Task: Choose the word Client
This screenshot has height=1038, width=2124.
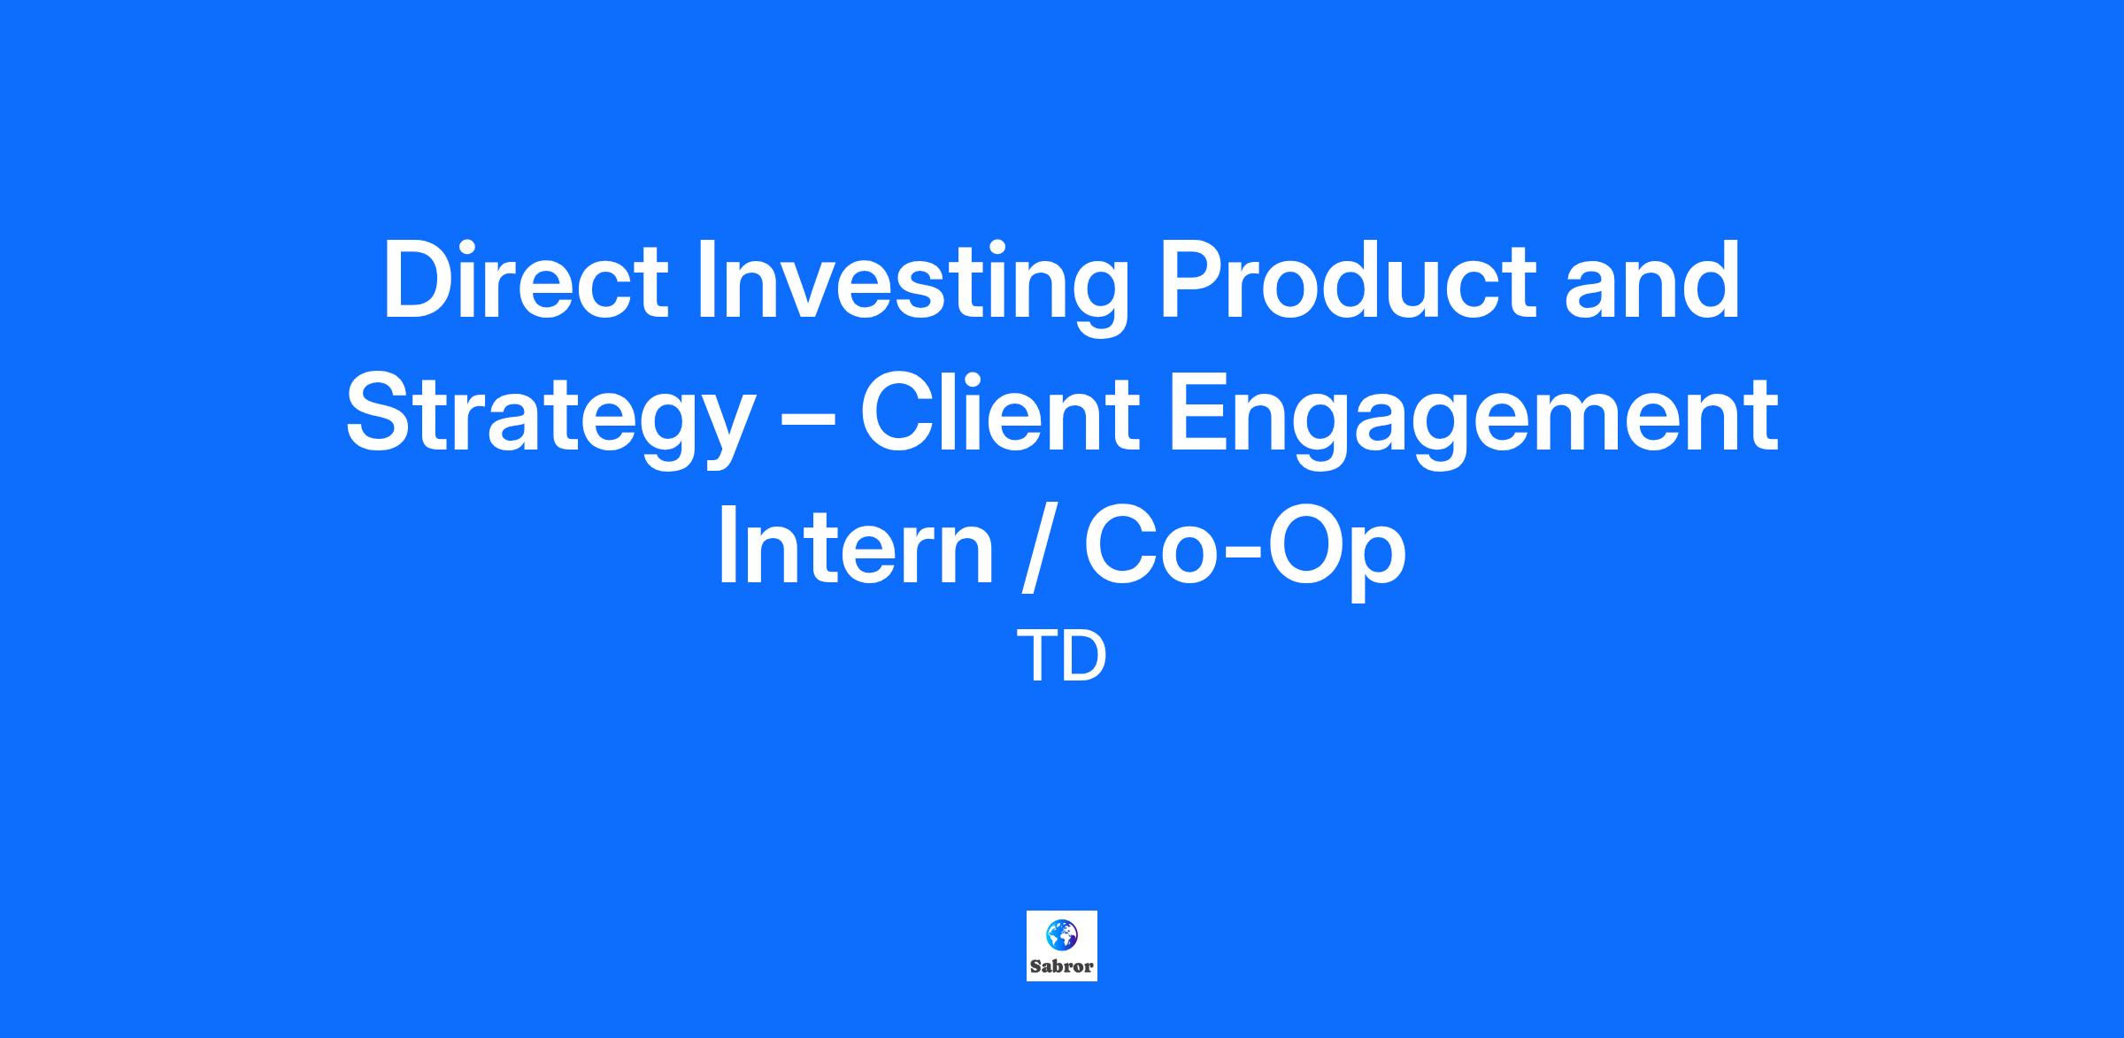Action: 999,413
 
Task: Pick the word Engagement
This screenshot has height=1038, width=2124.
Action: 1473,421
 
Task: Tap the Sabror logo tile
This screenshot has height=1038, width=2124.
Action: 1062,946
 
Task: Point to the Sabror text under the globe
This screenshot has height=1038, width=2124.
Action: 1062,966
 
